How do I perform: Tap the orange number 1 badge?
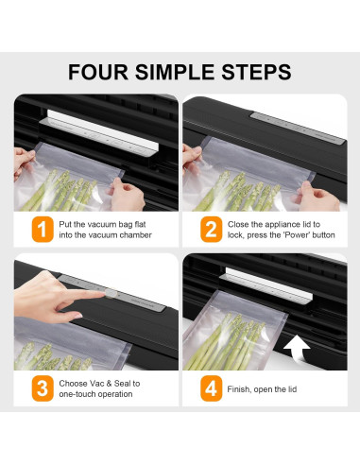tap(43, 230)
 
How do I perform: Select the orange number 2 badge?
tap(211, 230)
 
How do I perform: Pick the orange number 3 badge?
tap(43, 388)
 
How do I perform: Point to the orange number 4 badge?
tap(211, 388)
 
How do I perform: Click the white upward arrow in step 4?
tap(298, 349)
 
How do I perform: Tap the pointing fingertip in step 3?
tap(102, 294)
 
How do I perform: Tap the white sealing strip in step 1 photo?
tap(102, 130)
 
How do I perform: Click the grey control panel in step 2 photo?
tap(298, 129)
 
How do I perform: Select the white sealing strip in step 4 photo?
tap(268, 285)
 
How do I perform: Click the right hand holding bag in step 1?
tap(127, 194)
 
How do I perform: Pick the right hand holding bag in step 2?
tap(317, 196)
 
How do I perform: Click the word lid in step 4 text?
tap(292, 389)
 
